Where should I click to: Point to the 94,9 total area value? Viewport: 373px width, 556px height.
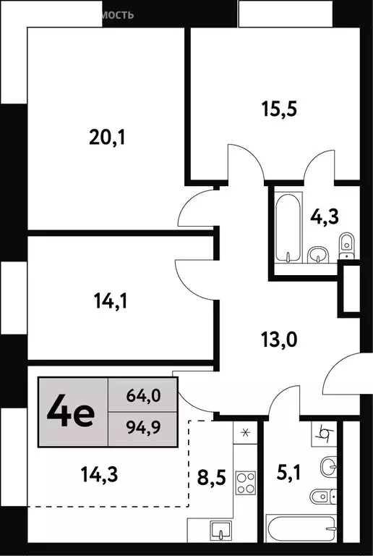142,426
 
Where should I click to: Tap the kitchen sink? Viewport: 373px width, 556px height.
218,531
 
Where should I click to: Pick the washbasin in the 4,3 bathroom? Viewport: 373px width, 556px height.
317,253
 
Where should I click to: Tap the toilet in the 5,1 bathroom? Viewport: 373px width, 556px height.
325,498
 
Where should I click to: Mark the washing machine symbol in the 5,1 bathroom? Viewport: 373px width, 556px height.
327,435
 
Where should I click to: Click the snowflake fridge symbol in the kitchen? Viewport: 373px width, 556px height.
244,433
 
